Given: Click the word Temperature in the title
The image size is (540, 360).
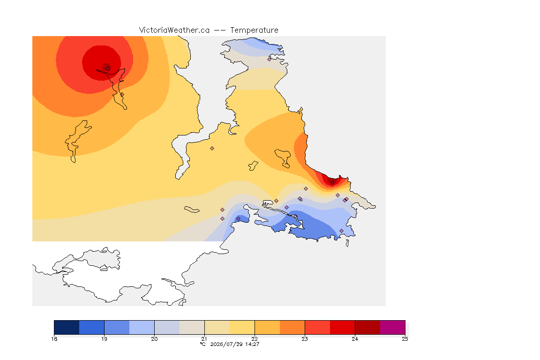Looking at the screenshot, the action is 254,30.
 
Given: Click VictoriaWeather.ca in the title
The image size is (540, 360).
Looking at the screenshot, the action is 174,30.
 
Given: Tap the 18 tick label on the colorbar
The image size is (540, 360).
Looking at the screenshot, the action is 54,339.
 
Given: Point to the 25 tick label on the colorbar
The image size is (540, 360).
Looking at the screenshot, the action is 405,339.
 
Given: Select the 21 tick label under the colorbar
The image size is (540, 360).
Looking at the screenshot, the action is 204,339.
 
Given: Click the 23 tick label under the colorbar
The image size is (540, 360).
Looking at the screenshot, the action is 305,339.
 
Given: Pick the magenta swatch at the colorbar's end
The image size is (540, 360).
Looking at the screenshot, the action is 393,327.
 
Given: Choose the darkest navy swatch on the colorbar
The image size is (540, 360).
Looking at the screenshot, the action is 67,327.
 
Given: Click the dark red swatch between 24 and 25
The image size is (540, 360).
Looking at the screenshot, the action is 367,327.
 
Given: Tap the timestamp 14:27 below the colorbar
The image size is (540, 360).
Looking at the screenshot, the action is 252,344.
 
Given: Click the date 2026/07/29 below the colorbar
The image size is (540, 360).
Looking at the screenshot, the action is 226,344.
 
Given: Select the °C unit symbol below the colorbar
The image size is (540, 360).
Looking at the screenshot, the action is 203,344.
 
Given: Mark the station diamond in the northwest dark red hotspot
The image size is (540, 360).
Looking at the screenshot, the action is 108,68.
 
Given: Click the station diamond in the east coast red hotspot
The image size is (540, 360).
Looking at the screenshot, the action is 332,183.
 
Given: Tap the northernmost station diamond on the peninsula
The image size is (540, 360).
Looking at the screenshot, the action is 270,59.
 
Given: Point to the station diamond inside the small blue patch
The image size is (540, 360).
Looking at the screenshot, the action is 238,219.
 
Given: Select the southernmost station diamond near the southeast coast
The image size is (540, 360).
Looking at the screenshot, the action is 341,231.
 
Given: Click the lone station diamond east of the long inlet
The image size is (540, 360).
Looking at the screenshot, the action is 212,149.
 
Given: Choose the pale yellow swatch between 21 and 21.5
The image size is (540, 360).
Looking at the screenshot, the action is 217,327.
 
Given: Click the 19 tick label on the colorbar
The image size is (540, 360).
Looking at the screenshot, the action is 104,339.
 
